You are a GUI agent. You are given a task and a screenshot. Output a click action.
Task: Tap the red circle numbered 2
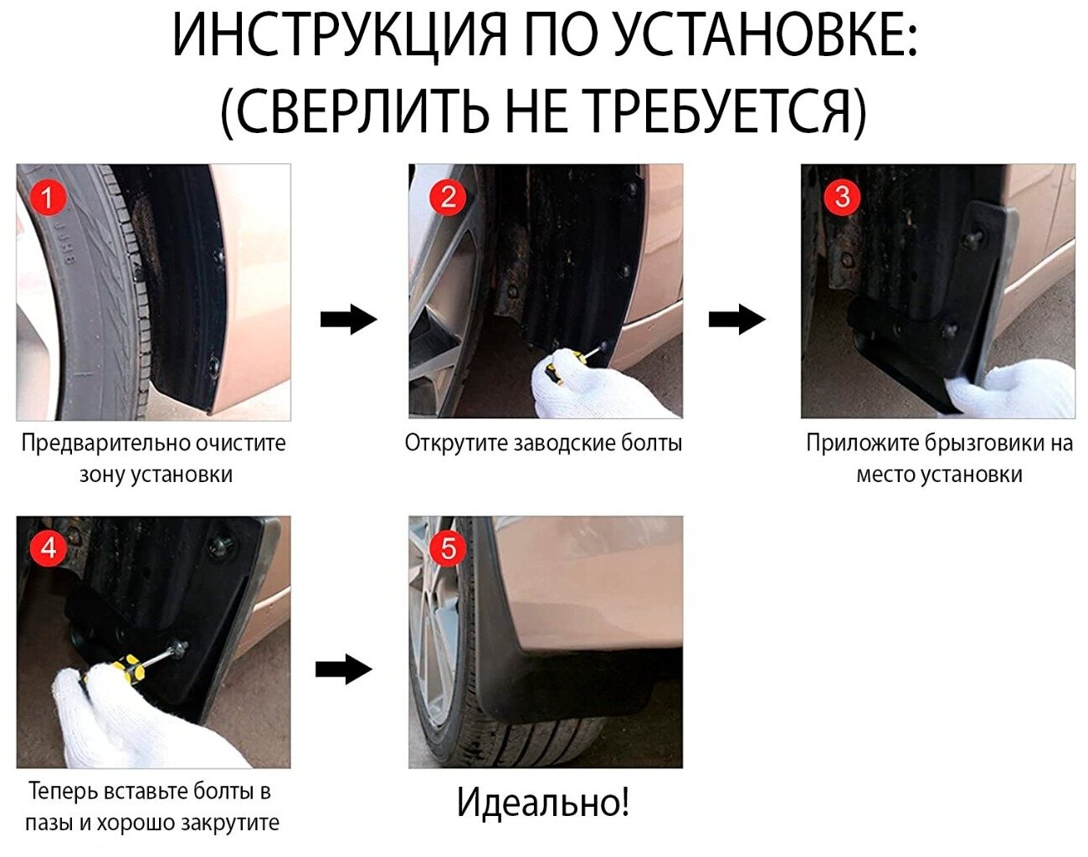point(448,197)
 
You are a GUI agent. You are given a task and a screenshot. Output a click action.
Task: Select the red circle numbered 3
point(842,196)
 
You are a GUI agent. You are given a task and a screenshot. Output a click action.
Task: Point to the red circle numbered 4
point(49,548)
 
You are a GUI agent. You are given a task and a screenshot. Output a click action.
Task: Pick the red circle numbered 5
point(448,548)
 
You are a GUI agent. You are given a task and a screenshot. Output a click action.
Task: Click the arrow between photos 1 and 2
point(349,320)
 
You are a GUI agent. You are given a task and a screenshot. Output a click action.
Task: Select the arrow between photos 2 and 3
point(736,320)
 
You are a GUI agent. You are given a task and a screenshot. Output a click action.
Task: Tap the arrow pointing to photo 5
point(344,671)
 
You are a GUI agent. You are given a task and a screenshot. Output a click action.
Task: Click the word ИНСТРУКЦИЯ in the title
point(339,37)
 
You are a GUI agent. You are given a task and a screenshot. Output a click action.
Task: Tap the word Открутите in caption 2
point(455,444)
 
